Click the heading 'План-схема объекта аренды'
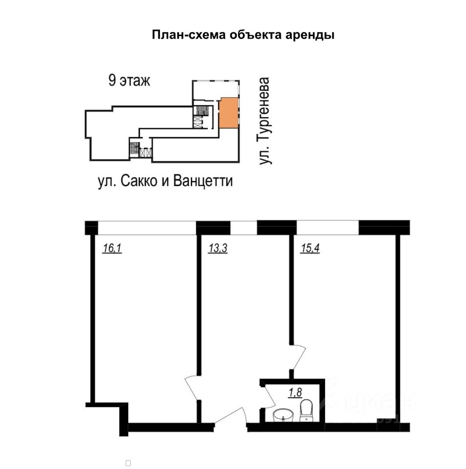tap(243, 36)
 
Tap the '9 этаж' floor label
tap(129, 81)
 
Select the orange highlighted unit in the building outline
tap(227, 112)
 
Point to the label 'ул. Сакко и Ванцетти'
tap(165, 182)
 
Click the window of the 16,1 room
tap(147, 228)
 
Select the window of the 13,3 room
tap(243, 228)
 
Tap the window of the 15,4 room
tap(327, 228)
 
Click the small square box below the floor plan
tap(128, 462)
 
